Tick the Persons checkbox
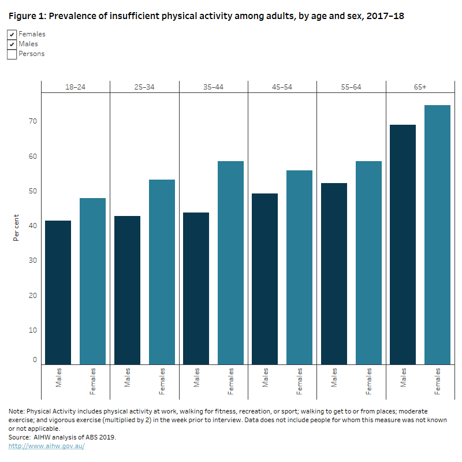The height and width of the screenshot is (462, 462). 12,54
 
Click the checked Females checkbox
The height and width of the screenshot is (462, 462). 12,35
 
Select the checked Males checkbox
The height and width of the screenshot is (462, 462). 12,44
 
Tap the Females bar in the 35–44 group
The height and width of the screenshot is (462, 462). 230,263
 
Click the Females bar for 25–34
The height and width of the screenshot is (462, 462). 162,271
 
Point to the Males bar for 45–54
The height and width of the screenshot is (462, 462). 265,278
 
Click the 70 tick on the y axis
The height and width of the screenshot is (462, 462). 34,121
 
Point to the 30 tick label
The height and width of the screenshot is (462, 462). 34,260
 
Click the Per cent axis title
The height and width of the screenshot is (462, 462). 17,226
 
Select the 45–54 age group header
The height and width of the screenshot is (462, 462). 282,87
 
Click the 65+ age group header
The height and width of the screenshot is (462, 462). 420,87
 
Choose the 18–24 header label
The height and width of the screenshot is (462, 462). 75,87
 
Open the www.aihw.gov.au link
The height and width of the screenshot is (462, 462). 46,446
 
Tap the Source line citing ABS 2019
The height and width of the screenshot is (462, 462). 62,437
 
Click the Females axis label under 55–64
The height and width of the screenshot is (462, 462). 368,381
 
